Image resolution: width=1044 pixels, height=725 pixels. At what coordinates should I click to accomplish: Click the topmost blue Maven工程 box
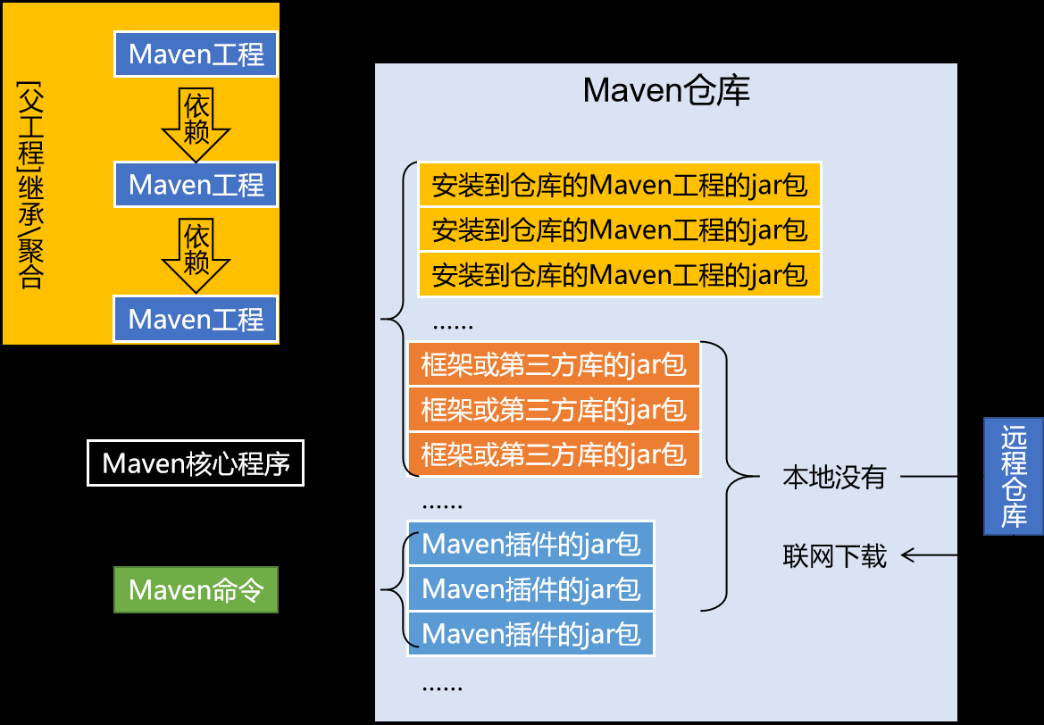(x=196, y=54)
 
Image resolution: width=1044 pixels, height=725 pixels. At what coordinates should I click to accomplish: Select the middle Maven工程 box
(x=196, y=185)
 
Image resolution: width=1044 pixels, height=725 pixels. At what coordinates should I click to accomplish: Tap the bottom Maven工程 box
(x=196, y=319)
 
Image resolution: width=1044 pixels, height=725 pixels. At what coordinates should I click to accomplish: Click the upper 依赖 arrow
(x=196, y=121)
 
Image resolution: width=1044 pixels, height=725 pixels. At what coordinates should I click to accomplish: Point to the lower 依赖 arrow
(x=196, y=254)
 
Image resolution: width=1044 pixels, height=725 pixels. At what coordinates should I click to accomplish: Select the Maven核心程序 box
(x=196, y=463)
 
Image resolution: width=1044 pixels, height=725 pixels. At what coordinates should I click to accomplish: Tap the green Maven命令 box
(x=196, y=589)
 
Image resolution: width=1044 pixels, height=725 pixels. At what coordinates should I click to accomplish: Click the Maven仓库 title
(x=665, y=90)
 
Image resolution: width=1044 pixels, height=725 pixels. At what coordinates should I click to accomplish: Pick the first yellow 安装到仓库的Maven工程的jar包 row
(x=619, y=185)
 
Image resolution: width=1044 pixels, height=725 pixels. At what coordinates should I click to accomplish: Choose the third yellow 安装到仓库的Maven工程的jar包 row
(x=619, y=274)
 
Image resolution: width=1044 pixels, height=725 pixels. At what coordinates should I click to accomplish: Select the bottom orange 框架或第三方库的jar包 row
(x=554, y=454)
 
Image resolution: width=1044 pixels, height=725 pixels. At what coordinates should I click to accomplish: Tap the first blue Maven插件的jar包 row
(x=530, y=543)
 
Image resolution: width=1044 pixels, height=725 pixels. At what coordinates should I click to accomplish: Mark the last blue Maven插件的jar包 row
(x=530, y=634)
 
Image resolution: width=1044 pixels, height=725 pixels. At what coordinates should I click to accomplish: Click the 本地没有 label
(x=834, y=477)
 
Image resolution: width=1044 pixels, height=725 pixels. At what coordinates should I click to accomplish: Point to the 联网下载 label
(x=834, y=556)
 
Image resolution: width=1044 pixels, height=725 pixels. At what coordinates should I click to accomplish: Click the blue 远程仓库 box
(x=1014, y=476)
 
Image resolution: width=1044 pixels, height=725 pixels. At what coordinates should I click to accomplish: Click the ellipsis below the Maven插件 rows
(x=441, y=686)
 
